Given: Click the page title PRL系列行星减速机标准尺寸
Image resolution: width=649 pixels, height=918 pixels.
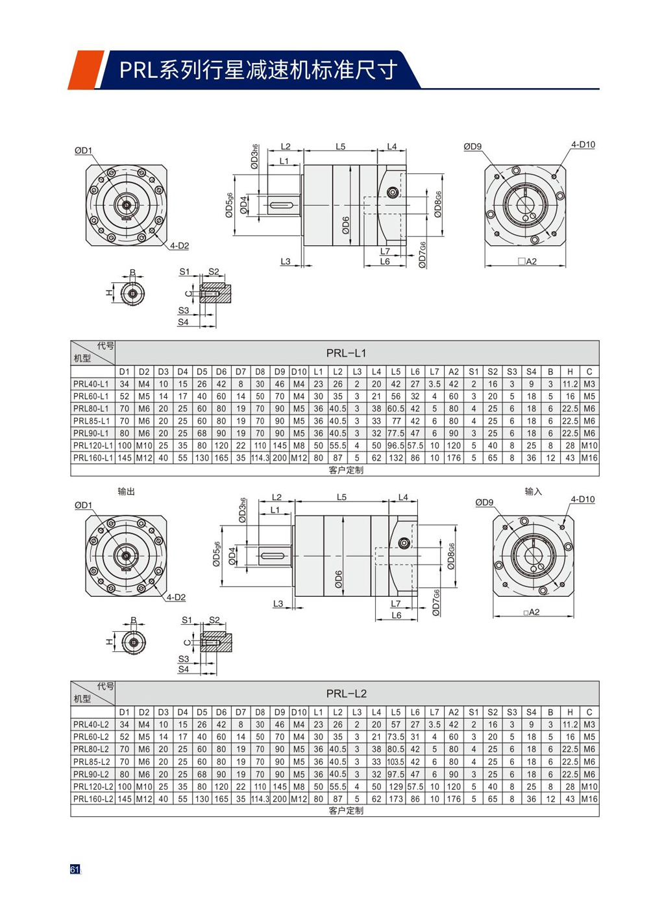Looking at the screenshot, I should click(258, 69).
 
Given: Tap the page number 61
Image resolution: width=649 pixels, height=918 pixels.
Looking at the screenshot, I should click(75, 869).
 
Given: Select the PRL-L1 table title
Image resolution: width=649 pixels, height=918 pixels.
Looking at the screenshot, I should click(346, 353).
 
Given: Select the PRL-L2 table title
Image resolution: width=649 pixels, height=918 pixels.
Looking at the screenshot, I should click(346, 694).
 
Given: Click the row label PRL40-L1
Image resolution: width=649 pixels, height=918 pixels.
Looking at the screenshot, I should click(92, 384).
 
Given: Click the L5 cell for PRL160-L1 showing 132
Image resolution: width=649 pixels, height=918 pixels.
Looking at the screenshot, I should click(395, 458).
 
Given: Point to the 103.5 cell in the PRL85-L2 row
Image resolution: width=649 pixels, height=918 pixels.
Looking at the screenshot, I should click(395, 762).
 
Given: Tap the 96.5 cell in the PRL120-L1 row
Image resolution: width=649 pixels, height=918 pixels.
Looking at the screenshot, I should click(395, 446).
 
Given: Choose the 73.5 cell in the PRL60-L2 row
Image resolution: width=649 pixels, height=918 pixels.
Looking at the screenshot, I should click(395, 737).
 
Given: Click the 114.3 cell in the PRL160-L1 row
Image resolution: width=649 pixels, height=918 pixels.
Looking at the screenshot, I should click(260, 458).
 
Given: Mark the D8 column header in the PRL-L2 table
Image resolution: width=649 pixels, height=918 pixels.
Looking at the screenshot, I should click(260, 712).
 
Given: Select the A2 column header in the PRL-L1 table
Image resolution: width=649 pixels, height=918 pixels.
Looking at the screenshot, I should click(454, 372).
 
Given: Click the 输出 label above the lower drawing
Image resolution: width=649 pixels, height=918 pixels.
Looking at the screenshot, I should click(127, 492).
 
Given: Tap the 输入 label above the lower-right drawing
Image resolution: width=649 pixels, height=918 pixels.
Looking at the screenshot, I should click(533, 492).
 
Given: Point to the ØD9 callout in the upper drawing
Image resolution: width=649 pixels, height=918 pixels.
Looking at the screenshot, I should click(472, 147).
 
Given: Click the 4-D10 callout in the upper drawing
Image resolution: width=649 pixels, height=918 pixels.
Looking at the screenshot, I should click(582, 145).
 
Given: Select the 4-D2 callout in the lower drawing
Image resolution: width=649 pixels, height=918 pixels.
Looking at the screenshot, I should click(176, 597).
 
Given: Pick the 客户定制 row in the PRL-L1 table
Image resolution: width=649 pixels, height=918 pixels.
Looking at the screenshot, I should click(346, 470).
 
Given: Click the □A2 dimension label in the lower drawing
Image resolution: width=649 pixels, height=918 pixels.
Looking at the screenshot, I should click(532, 612).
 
